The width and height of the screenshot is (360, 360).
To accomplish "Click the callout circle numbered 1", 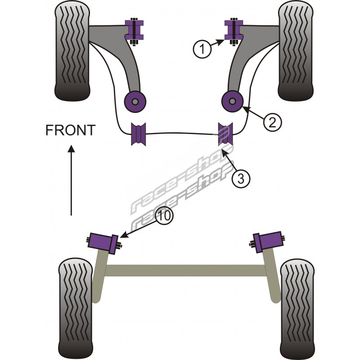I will click(x=202, y=48).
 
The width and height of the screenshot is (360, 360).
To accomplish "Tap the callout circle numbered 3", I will click(x=241, y=179).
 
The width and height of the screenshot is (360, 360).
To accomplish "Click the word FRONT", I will click(x=71, y=130).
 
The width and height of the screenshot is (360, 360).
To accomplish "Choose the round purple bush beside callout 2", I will click(x=232, y=100).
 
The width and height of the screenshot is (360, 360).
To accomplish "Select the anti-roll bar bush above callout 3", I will click(x=225, y=133).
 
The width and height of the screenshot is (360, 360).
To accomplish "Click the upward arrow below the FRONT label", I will click(x=71, y=180).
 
